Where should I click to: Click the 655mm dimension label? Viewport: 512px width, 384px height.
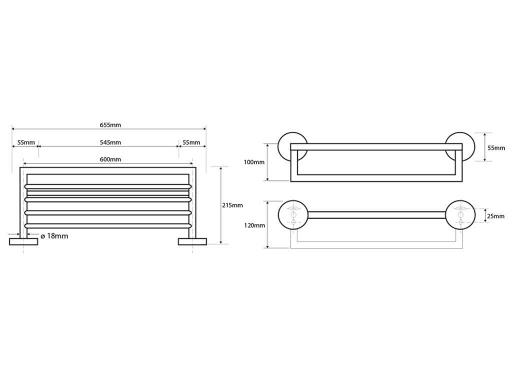point(110,125)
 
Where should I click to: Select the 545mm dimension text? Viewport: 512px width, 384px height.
point(110,142)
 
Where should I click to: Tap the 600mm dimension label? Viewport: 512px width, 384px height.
point(110,159)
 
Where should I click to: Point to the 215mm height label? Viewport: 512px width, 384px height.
point(232,205)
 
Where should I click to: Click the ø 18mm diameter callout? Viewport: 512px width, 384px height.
point(54,236)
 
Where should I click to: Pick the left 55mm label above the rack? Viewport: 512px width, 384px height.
point(26,142)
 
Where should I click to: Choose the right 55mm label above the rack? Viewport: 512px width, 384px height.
point(191,142)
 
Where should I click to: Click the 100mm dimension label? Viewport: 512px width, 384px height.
point(254,162)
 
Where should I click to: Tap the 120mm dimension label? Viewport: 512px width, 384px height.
point(254,225)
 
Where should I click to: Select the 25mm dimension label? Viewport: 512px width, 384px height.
point(495,216)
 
